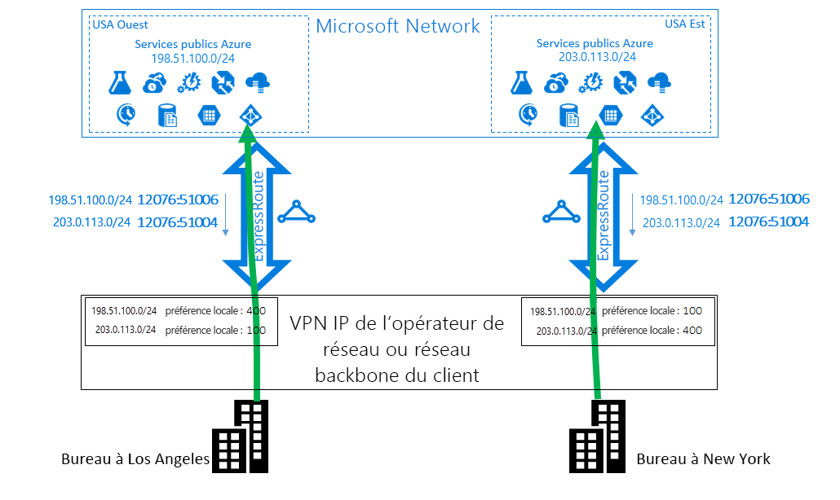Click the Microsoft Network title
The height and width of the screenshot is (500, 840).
(398, 26)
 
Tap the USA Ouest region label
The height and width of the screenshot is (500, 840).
(121, 24)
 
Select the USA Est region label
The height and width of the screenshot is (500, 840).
(684, 24)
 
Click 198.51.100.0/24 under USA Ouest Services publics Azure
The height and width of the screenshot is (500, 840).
(193, 59)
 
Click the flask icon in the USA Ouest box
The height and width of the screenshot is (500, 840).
(120, 82)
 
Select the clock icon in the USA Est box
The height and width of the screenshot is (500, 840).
(528, 115)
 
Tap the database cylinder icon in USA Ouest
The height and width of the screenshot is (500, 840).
(167, 116)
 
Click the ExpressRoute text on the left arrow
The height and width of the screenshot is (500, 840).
(259, 216)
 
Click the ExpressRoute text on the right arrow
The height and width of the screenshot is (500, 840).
(603, 216)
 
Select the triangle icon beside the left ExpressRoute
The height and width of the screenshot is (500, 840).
(296, 213)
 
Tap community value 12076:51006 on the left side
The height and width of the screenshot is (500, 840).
(178, 200)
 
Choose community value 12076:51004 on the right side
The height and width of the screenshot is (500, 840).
(768, 221)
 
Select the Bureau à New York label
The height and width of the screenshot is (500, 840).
(703, 459)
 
